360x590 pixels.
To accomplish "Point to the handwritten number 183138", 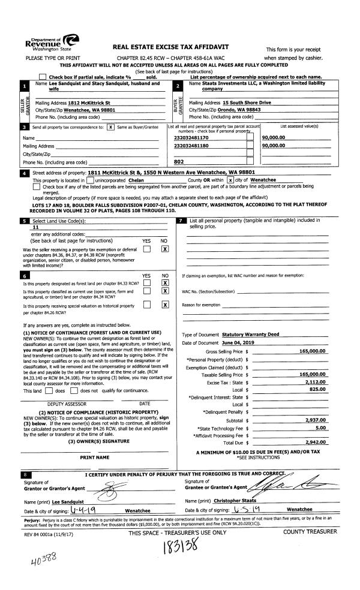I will pyautogui.click(x=179, y=548).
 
